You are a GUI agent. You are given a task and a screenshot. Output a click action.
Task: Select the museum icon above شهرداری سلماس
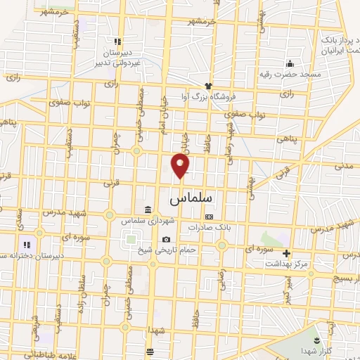[147, 209]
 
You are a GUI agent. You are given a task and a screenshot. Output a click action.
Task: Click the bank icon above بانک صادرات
[207, 217]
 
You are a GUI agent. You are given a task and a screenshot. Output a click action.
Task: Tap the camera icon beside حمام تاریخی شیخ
[166, 240]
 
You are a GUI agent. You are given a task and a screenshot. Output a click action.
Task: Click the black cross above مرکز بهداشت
[286, 253]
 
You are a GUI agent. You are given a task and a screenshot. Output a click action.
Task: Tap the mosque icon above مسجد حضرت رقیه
[290, 63]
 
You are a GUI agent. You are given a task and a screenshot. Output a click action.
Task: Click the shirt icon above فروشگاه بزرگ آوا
[208, 85]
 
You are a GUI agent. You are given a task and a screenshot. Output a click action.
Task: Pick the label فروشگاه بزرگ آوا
[212, 96]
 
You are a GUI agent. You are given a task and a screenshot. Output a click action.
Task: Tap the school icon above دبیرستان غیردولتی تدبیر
[117, 41]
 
